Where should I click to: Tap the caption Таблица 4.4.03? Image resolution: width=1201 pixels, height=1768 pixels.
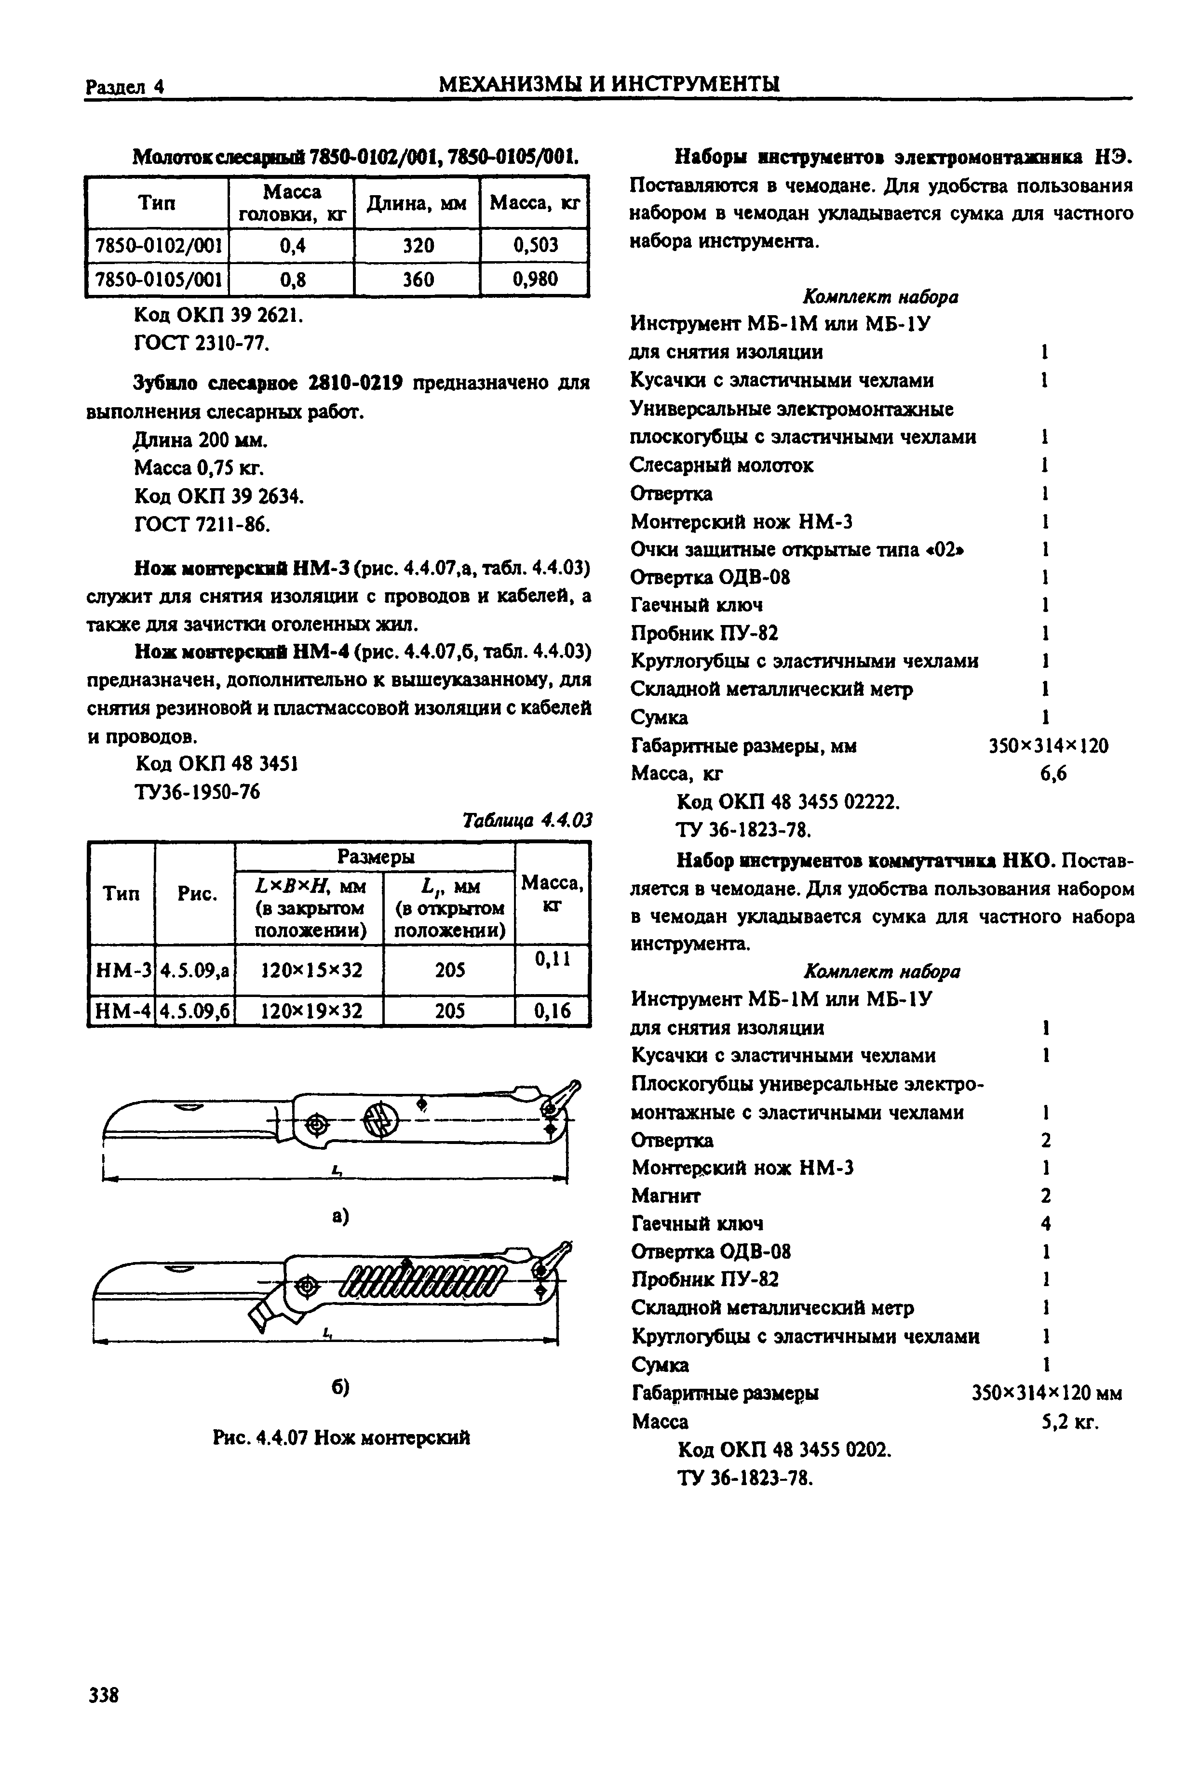tap(526, 820)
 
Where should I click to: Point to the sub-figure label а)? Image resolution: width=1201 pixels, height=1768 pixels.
tap(339, 1217)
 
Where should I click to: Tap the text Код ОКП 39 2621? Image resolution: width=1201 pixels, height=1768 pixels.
tap(218, 314)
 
